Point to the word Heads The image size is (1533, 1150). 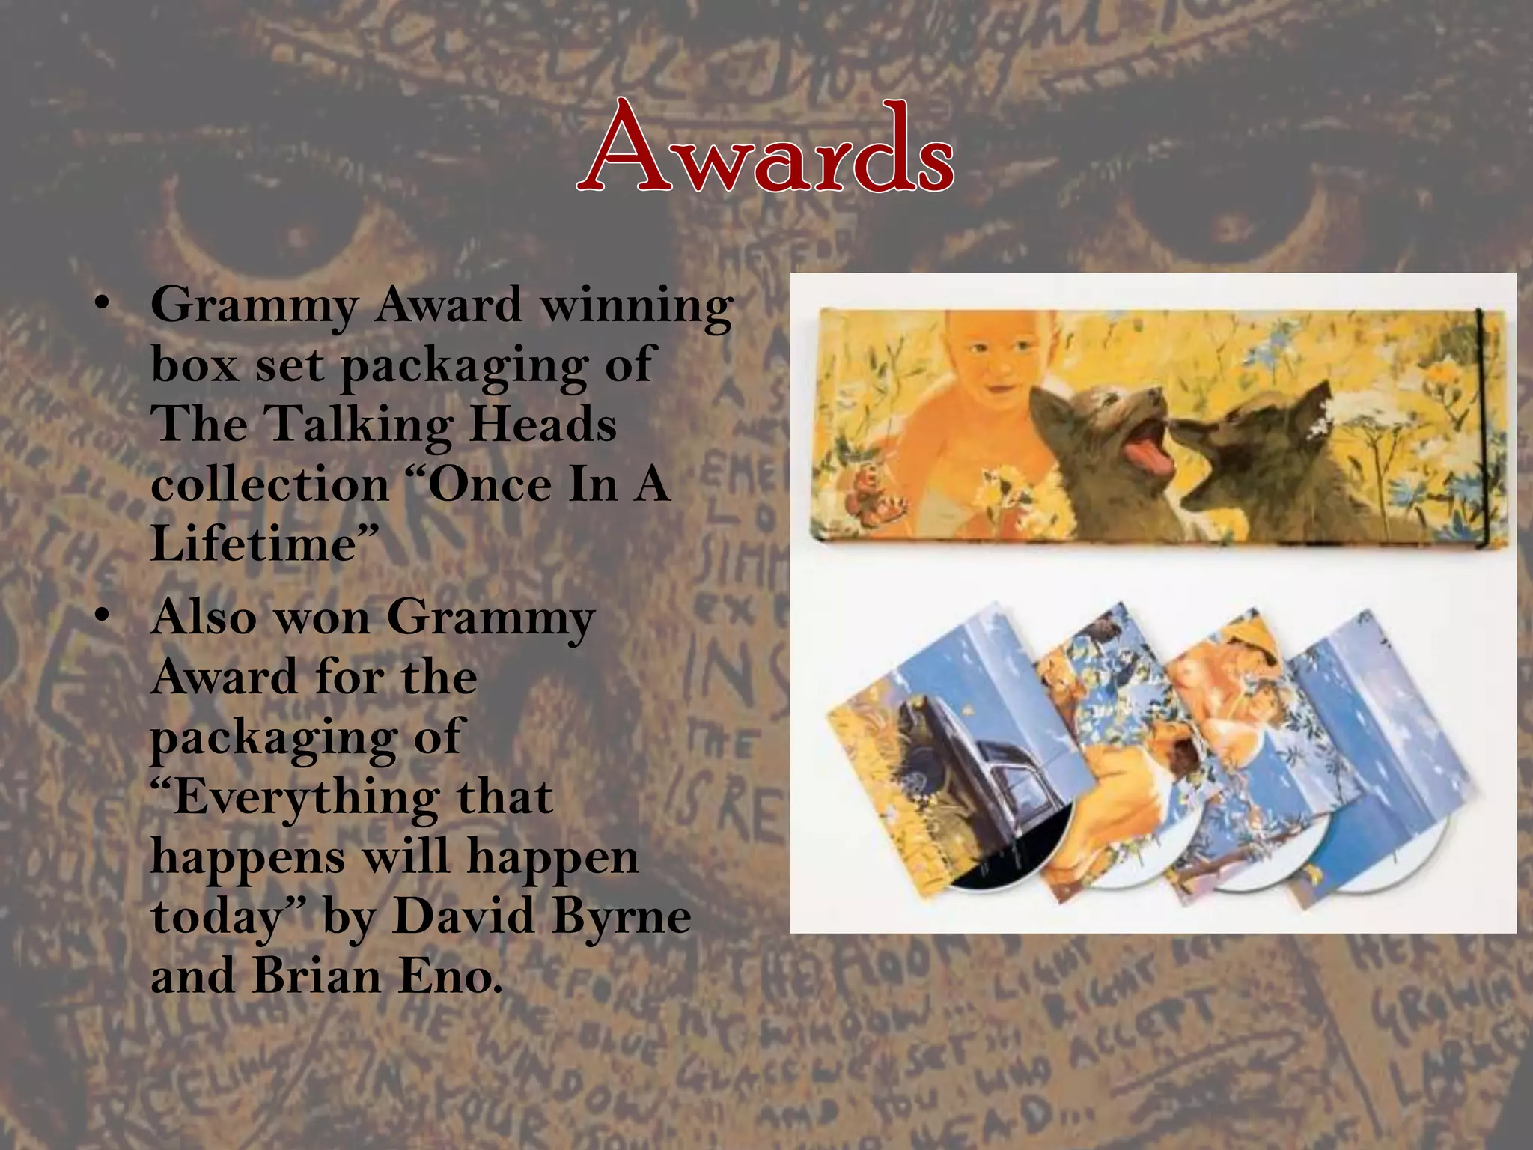click(543, 424)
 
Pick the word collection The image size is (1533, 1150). click(269, 484)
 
